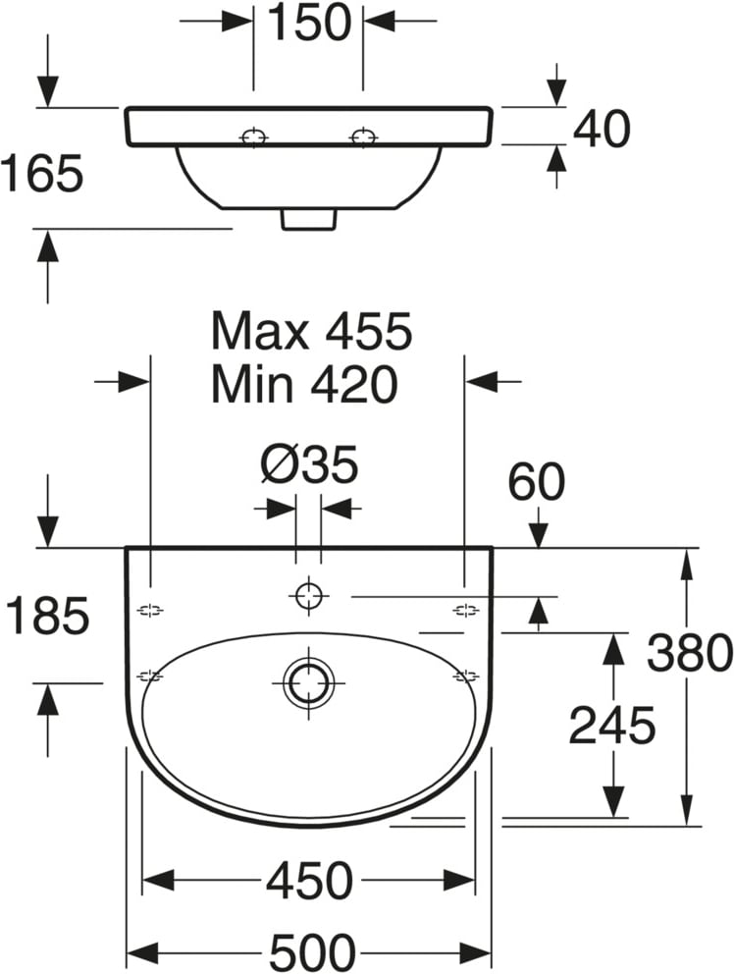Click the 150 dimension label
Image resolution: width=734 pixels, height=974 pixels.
309,23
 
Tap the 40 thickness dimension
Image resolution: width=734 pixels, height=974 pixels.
602,130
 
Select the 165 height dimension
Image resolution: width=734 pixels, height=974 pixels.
41,173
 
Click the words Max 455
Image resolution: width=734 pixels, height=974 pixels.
311,331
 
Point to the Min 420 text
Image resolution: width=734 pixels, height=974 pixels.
304,383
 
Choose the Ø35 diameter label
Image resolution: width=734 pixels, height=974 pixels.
310,464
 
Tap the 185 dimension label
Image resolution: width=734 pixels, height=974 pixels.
47,616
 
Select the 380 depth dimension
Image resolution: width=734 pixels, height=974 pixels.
690,652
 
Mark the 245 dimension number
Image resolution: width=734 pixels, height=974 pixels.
612,725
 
